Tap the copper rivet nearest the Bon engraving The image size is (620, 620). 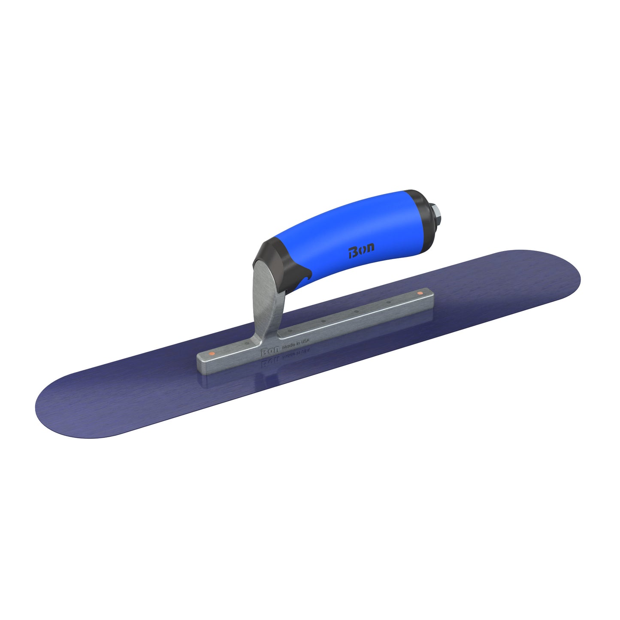pyautogui.click(x=211, y=354)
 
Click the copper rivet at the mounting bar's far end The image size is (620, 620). pyautogui.click(x=420, y=293)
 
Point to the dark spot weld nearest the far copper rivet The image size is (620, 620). pyautogui.click(x=388, y=303)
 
